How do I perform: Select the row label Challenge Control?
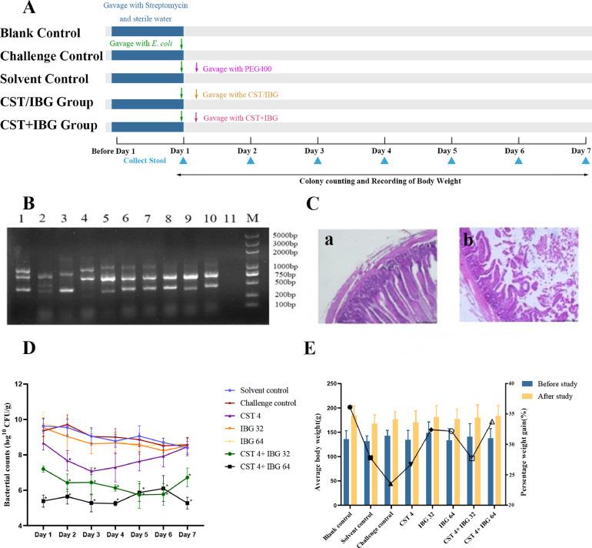52,56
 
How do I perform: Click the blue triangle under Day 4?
384,160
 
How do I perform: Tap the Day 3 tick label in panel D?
91,530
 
